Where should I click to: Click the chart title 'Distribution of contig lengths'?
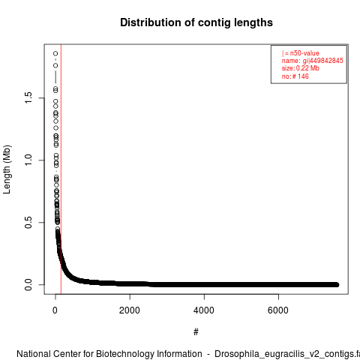coord(196,22)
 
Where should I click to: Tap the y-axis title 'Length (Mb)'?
coord(7,169)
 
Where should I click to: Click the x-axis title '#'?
coord(196,332)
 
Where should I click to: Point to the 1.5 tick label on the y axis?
coord(28,97)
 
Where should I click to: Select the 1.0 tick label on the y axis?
coord(28,160)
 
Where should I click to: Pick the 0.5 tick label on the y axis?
coord(28,222)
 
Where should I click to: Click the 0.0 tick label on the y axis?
coord(28,284)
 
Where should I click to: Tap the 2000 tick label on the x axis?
coord(130,310)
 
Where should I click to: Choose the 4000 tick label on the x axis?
coord(204,310)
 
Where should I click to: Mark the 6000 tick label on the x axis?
coord(278,310)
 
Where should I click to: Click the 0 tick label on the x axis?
coord(55,310)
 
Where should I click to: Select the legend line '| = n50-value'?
coord(300,53)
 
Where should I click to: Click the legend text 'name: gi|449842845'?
coord(312,61)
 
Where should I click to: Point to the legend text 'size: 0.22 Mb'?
coord(300,68)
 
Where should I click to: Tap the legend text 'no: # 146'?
coord(295,76)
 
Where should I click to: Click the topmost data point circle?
coord(55,53)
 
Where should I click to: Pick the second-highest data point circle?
coord(55,65)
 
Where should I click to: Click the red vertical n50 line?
coord(61,169)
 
